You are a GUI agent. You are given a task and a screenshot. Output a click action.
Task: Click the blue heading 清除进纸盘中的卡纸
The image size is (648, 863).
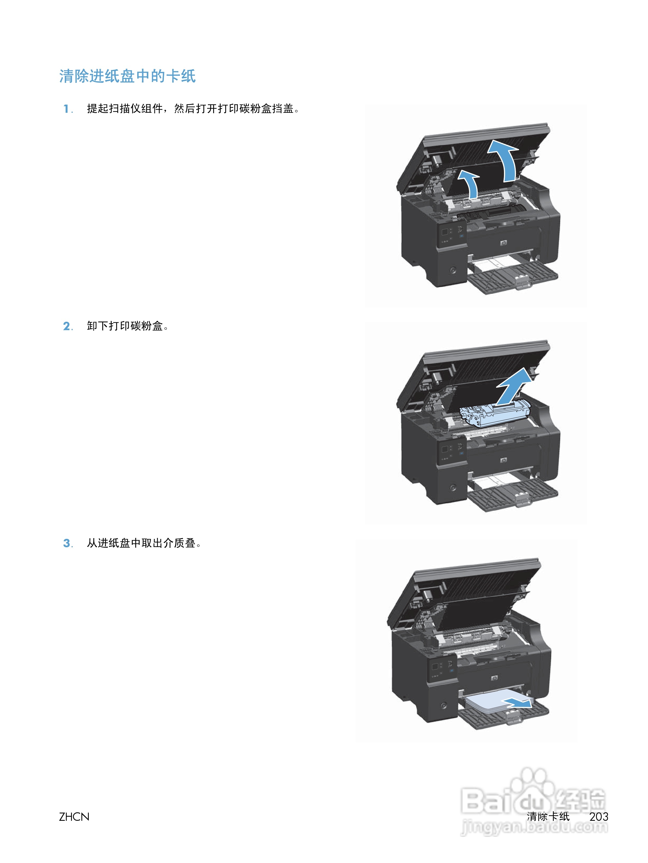pos(127,76)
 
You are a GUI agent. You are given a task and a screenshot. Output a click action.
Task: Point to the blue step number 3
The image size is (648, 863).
pos(67,543)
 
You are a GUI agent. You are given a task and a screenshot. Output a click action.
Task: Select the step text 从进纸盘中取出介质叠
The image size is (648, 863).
pos(143,543)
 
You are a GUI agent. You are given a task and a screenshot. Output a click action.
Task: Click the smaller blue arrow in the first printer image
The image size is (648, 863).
pos(469,184)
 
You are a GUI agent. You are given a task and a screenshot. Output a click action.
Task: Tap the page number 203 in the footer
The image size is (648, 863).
pos(598,817)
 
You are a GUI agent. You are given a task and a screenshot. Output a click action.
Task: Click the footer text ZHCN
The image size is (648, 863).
pos(74,817)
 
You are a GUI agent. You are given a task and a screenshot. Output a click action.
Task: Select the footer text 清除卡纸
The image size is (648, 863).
pos(548,817)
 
